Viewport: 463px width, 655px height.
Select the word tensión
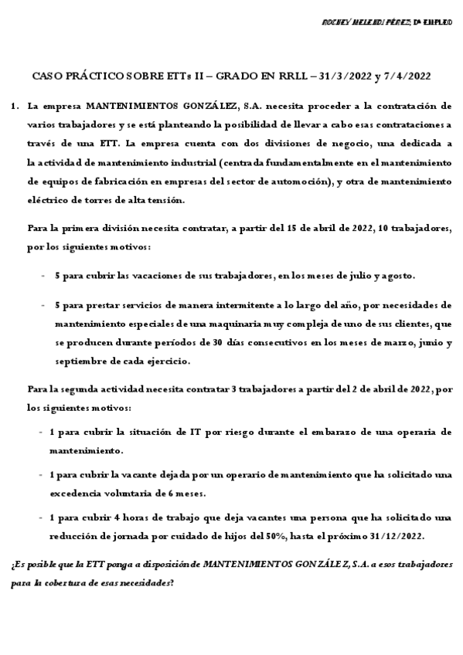pyautogui.click(x=167, y=201)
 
